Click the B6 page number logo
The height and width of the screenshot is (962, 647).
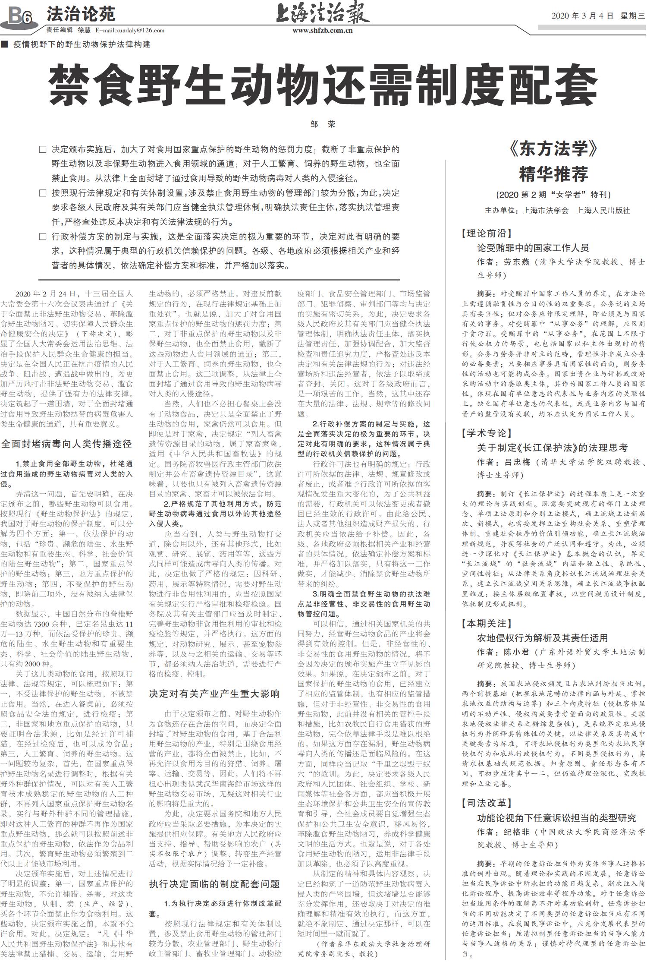(19, 16)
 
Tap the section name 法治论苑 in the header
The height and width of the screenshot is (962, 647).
(81, 14)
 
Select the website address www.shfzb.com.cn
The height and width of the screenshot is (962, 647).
(323, 30)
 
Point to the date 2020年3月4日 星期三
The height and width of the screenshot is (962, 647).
(598, 16)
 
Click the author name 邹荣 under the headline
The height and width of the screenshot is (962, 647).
(323, 124)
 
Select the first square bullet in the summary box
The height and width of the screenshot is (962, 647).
(42, 150)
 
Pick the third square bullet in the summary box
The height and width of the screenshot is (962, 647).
(42, 237)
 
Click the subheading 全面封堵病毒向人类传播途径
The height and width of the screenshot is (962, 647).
(66, 444)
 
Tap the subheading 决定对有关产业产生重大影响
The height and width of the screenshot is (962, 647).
(214, 694)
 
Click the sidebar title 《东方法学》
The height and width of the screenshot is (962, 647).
(554, 149)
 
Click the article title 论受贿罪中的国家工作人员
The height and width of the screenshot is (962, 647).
(533, 248)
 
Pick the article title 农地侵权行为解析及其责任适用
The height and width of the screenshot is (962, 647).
(542, 637)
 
